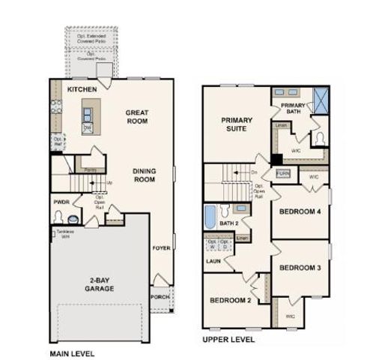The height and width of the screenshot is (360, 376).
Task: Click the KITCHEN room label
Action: point(82,89)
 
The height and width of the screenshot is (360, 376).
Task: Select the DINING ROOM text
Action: point(144,175)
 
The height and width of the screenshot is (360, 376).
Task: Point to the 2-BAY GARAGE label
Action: point(99,283)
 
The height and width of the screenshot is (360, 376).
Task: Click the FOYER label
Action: point(160,247)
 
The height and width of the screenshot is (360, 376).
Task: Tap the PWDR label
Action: point(61,202)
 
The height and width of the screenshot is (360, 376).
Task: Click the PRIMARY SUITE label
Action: point(237,124)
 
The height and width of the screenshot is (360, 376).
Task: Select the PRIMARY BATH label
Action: point(293,109)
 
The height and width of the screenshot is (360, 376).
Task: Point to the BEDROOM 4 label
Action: point(300,212)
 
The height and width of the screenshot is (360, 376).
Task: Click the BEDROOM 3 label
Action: point(300,268)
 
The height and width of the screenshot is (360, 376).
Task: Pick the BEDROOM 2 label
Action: point(229,301)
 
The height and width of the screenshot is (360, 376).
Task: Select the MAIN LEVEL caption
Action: point(72,352)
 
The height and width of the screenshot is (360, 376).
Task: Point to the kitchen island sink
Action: point(88,115)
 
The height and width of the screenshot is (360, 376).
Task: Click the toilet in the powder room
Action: point(58,216)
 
